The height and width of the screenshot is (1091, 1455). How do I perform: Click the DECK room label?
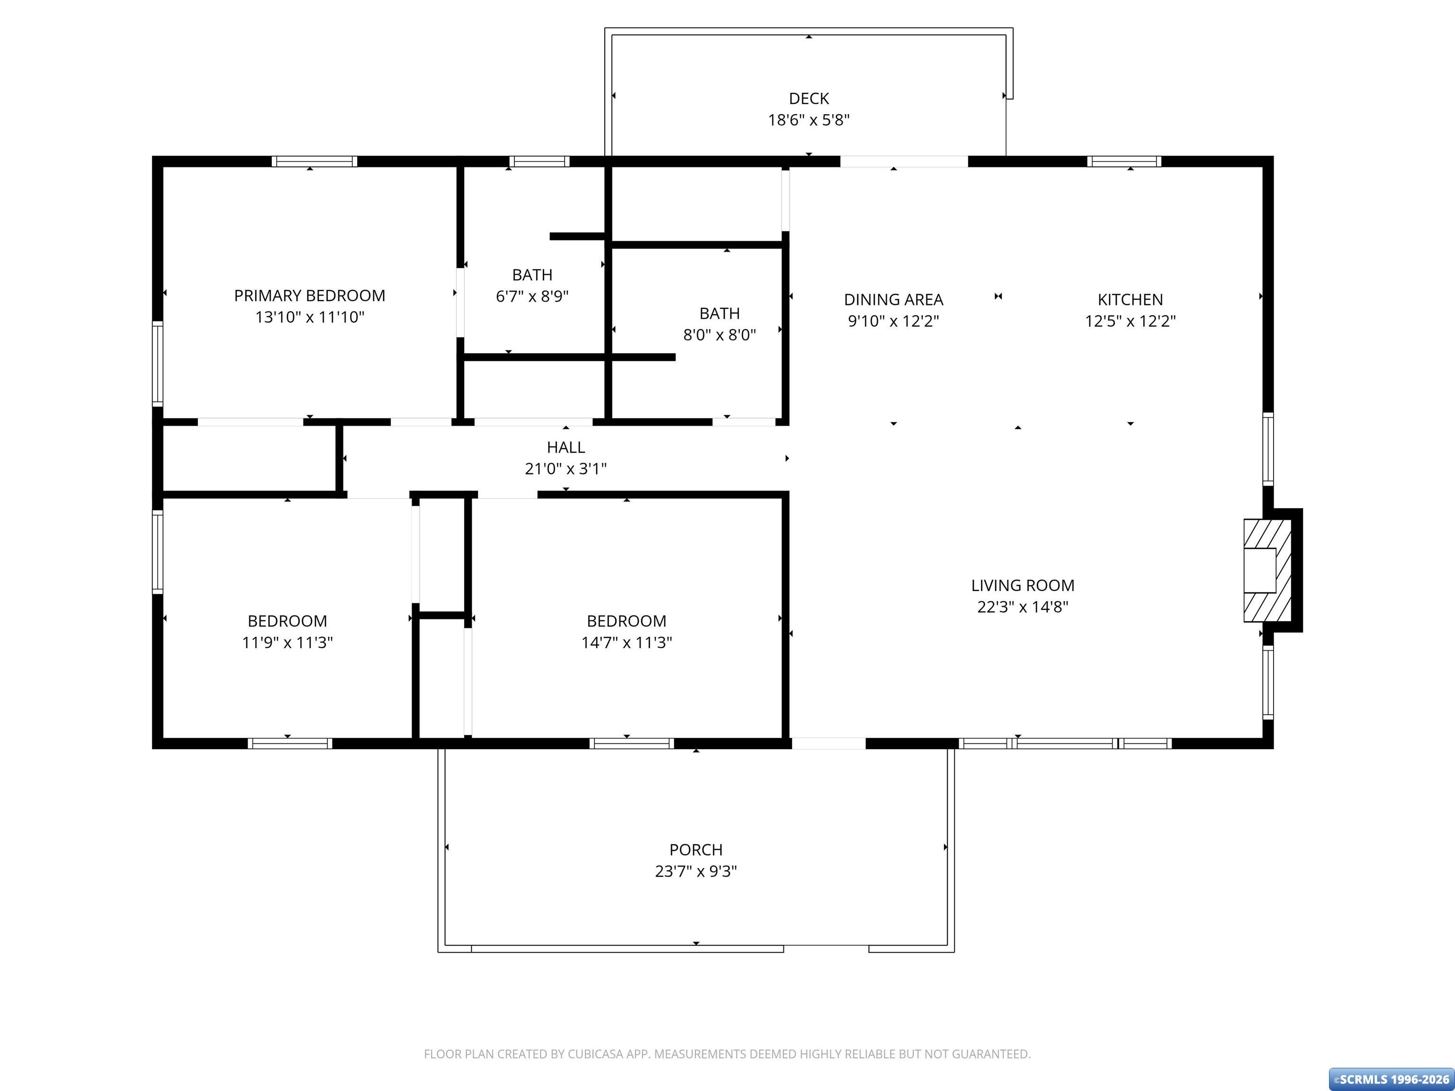coord(808,98)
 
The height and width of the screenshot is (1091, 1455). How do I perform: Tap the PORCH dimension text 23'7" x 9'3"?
coord(696,871)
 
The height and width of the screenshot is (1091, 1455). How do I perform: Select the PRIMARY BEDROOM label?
coord(310,296)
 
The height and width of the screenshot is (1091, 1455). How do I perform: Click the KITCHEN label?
coord(1130,300)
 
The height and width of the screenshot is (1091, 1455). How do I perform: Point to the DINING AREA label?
coord(893,300)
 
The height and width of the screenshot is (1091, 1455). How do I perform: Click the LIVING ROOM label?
coord(1023,585)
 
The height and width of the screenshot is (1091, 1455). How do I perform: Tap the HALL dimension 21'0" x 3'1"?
coord(566,469)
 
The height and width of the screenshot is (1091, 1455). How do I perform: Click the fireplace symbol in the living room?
coord(1267,570)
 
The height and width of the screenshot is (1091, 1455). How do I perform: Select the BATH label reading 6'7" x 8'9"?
coord(532,275)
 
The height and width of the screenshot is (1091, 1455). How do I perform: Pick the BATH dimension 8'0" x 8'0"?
coord(719,335)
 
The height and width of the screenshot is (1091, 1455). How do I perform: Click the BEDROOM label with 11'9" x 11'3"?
coord(287,621)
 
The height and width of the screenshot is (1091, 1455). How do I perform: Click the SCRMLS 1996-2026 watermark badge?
coord(1391,1079)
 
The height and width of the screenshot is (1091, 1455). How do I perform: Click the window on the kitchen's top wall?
coord(1124,161)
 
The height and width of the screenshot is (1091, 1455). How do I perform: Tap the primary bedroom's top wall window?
coord(314,161)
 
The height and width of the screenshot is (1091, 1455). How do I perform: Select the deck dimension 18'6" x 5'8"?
coord(808,120)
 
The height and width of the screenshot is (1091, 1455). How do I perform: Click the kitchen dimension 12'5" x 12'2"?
coord(1130,322)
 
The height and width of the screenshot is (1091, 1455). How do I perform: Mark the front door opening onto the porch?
coord(828,743)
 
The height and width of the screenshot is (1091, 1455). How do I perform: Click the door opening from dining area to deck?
coord(904,161)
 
